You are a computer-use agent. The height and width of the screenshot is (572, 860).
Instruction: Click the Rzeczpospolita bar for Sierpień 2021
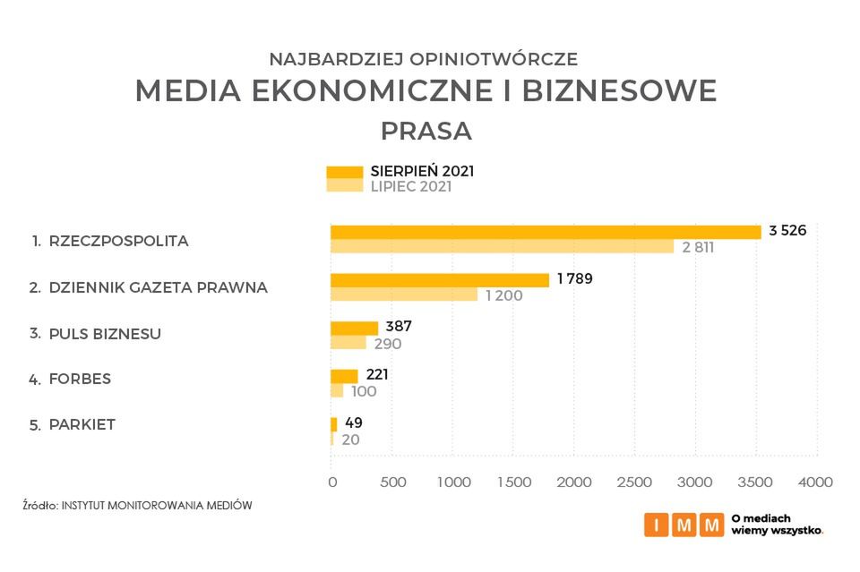click(x=545, y=232)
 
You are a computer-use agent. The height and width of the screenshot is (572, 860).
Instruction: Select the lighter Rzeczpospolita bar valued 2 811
click(x=502, y=246)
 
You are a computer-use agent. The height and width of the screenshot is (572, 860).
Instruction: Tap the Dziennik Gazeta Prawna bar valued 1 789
click(x=439, y=280)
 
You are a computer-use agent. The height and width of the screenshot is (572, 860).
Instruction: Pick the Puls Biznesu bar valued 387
click(x=354, y=328)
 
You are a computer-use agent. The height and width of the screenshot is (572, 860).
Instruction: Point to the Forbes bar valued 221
click(x=344, y=376)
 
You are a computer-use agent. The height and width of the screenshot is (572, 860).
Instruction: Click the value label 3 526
click(x=787, y=230)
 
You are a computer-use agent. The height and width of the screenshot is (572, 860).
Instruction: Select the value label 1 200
click(x=503, y=295)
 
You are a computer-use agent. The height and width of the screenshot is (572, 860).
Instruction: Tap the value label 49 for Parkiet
click(x=354, y=423)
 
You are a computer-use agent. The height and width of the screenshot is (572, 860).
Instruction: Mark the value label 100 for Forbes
click(x=364, y=391)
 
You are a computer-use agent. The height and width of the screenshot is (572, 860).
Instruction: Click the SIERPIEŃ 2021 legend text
click(x=422, y=171)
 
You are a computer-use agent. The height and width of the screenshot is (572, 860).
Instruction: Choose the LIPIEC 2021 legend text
click(x=411, y=187)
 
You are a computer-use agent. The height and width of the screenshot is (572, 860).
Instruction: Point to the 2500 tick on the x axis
click(x=634, y=482)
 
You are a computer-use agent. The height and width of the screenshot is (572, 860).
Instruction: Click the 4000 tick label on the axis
click(x=815, y=482)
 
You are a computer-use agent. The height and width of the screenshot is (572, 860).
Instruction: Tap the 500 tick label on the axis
click(x=392, y=482)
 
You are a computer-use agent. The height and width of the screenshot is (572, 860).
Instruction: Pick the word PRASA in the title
click(x=426, y=131)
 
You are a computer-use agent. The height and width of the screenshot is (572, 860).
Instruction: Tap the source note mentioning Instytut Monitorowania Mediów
click(x=137, y=505)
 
